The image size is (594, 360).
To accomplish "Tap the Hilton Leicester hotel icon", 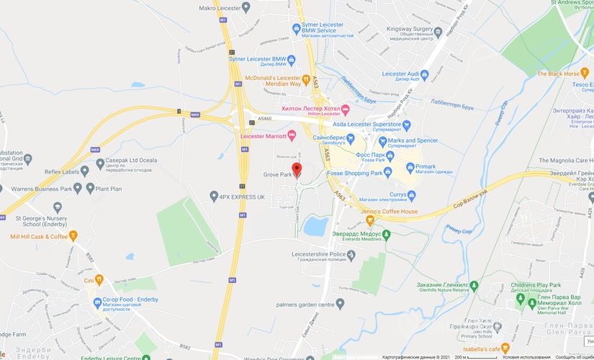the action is (x=345, y=109).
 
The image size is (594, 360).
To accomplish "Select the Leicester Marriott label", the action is (x=263, y=135).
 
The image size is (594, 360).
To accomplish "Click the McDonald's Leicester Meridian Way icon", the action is (x=305, y=79).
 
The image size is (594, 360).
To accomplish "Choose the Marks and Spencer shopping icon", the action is (x=383, y=141).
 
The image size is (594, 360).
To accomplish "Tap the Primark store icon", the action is (x=410, y=168).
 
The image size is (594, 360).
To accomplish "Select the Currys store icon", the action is (x=411, y=194).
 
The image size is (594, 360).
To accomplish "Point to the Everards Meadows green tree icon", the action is (x=387, y=234).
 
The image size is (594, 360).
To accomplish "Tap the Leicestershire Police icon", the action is (x=351, y=255).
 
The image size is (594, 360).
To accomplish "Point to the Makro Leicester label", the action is (x=220, y=7).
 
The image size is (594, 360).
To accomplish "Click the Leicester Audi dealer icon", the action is (x=425, y=73).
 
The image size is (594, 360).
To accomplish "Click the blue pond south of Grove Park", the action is (x=315, y=227).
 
